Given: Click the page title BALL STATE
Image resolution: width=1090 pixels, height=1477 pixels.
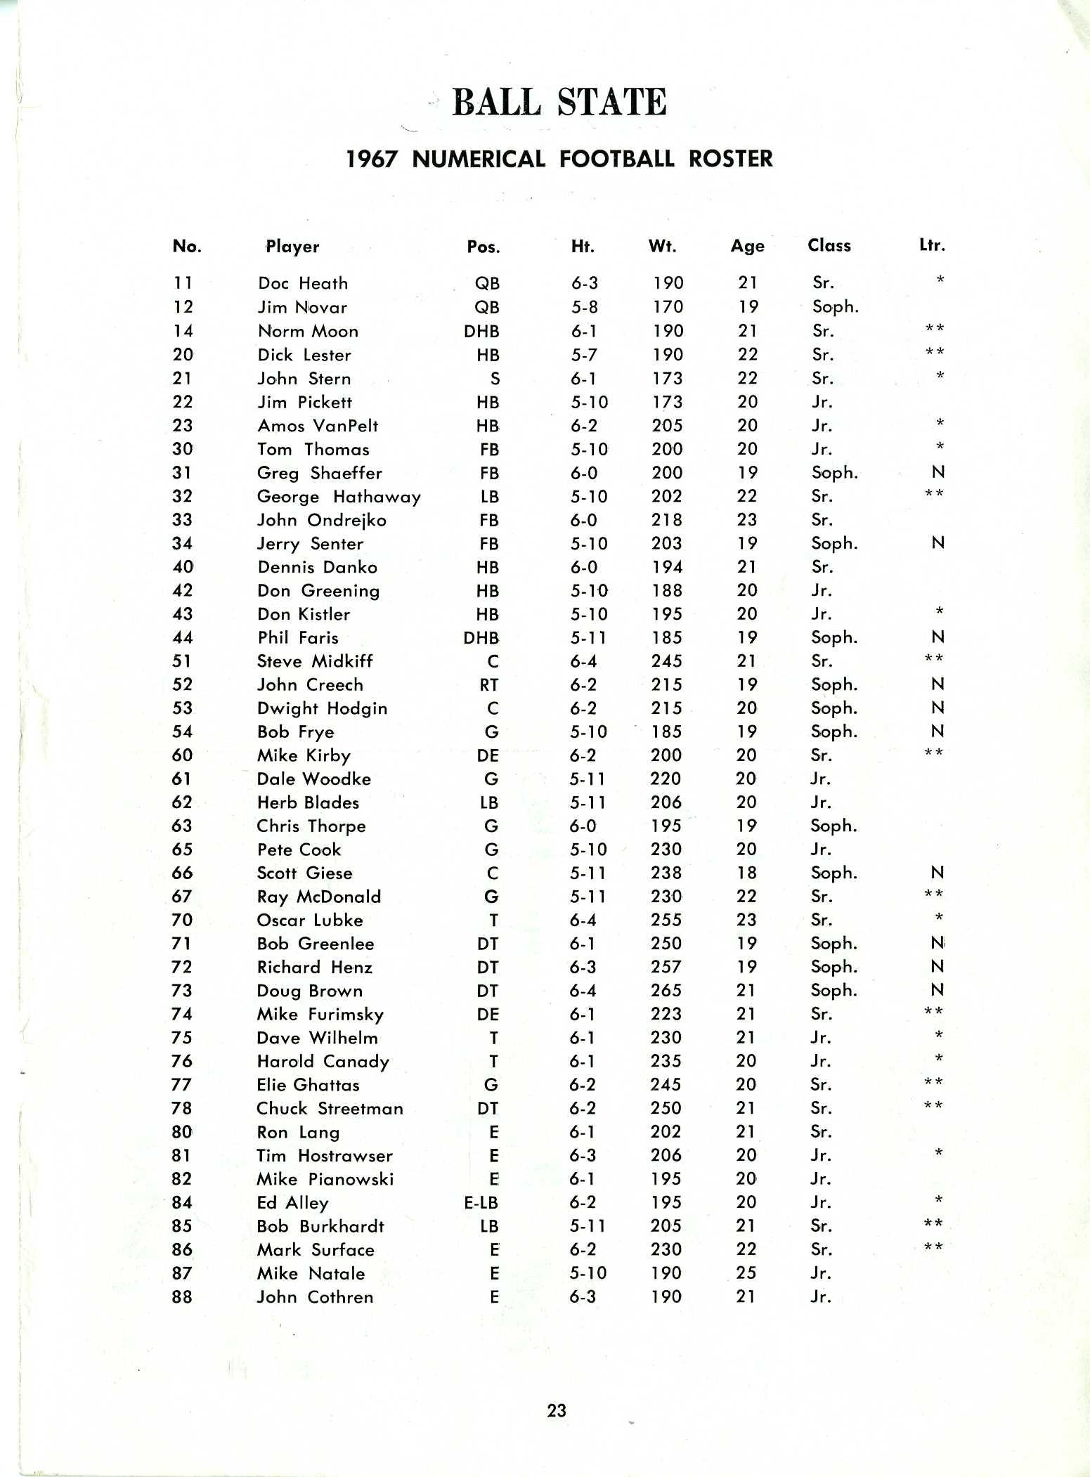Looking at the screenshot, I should tap(559, 102).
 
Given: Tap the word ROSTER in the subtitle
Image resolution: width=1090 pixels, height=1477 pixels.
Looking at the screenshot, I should tap(730, 159).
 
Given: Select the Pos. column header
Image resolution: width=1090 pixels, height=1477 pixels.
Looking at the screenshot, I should tap(484, 247).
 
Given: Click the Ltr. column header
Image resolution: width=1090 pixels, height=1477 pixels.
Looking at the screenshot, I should tap(933, 245).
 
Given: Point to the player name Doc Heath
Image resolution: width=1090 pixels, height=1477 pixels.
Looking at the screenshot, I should tap(303, 283).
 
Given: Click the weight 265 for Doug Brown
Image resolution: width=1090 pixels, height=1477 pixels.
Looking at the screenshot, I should tap(666, 991).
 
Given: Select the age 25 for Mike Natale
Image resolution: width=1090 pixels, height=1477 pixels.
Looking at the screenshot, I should tap(746, 1273).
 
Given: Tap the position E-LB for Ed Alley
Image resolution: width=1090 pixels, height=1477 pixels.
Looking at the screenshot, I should tap(481, 1203).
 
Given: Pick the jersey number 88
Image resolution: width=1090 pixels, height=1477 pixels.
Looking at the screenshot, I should tap(182, 1297).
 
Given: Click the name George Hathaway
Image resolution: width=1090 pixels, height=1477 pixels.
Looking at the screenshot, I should tap(339, 497).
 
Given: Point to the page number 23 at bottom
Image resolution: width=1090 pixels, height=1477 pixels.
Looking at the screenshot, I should tap(557, 1410).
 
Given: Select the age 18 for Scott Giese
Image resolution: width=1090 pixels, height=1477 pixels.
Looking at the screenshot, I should tap(746, 873).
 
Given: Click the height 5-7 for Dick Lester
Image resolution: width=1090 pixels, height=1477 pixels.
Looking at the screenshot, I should tap(584, 355).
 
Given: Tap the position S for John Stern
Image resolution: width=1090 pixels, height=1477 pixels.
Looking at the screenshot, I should tap(495, 379).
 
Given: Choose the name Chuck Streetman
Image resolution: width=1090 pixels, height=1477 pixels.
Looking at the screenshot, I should tap(330, 1109).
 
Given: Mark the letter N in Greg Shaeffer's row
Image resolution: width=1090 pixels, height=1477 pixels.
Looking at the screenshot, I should tap(937, 473).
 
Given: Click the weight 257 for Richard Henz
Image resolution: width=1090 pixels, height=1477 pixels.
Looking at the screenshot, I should tap(666, 968).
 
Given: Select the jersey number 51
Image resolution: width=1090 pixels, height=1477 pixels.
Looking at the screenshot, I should tap(183, 661).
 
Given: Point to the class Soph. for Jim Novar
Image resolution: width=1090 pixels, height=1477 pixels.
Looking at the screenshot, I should tap(835, 307).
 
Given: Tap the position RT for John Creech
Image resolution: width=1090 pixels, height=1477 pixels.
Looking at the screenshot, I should tap(489, 685).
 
